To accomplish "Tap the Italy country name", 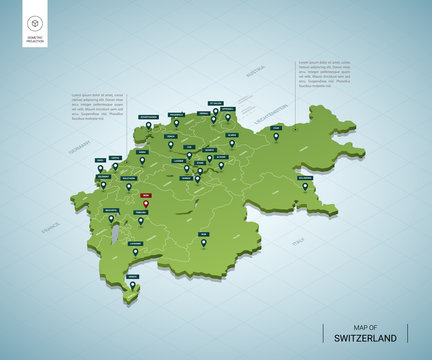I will (298, 242).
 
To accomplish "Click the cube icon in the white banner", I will (35, 22).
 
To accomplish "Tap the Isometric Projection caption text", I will (35, 42).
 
